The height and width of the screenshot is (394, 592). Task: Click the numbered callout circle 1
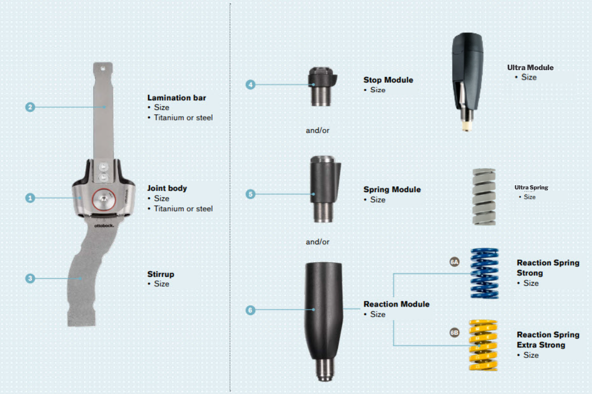[30, 198]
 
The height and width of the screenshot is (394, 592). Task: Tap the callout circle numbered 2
[30, 107]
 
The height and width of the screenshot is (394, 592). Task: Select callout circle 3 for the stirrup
[30, 278]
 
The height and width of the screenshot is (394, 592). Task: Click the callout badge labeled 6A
[454, 262]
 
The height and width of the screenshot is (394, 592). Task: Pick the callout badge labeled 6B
[454, 333]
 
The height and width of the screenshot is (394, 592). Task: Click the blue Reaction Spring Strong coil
[485, 273]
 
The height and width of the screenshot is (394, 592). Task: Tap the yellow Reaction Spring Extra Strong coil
[482, 345]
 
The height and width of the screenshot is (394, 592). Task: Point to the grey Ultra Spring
[484, 197]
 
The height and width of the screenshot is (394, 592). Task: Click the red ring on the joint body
[104, 199]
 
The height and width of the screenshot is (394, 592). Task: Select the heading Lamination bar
[176, 97]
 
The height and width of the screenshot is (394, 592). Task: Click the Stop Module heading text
[388, 80]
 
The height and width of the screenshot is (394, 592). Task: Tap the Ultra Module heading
[530, 67]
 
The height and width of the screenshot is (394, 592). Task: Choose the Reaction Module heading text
[396, 304]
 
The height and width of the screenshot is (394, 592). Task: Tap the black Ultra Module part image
[467, 73]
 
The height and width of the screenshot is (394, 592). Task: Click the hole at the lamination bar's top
[103, 67]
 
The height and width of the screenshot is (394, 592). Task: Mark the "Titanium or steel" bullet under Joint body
[183, 209]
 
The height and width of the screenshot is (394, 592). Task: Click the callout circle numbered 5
[250, 194]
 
